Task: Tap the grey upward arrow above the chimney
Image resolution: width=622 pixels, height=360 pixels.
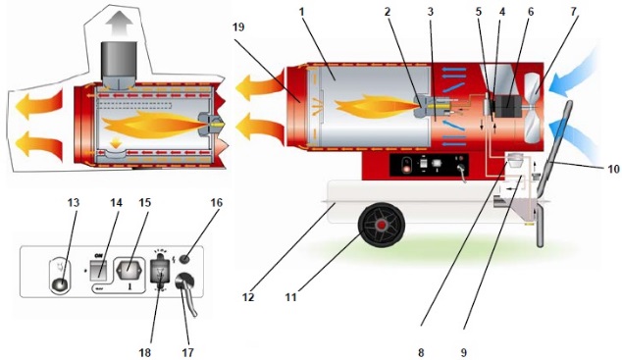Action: tap(120, 22)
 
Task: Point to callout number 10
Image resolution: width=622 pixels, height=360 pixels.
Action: tap(612, 169)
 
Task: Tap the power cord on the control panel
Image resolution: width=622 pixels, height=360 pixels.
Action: tap(186, 295)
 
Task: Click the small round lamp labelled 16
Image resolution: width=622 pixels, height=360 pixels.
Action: tap(184, 258)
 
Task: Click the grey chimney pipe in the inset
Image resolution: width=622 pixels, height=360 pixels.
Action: tap(120, 65)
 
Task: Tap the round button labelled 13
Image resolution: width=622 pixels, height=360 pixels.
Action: tap(61, 283)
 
